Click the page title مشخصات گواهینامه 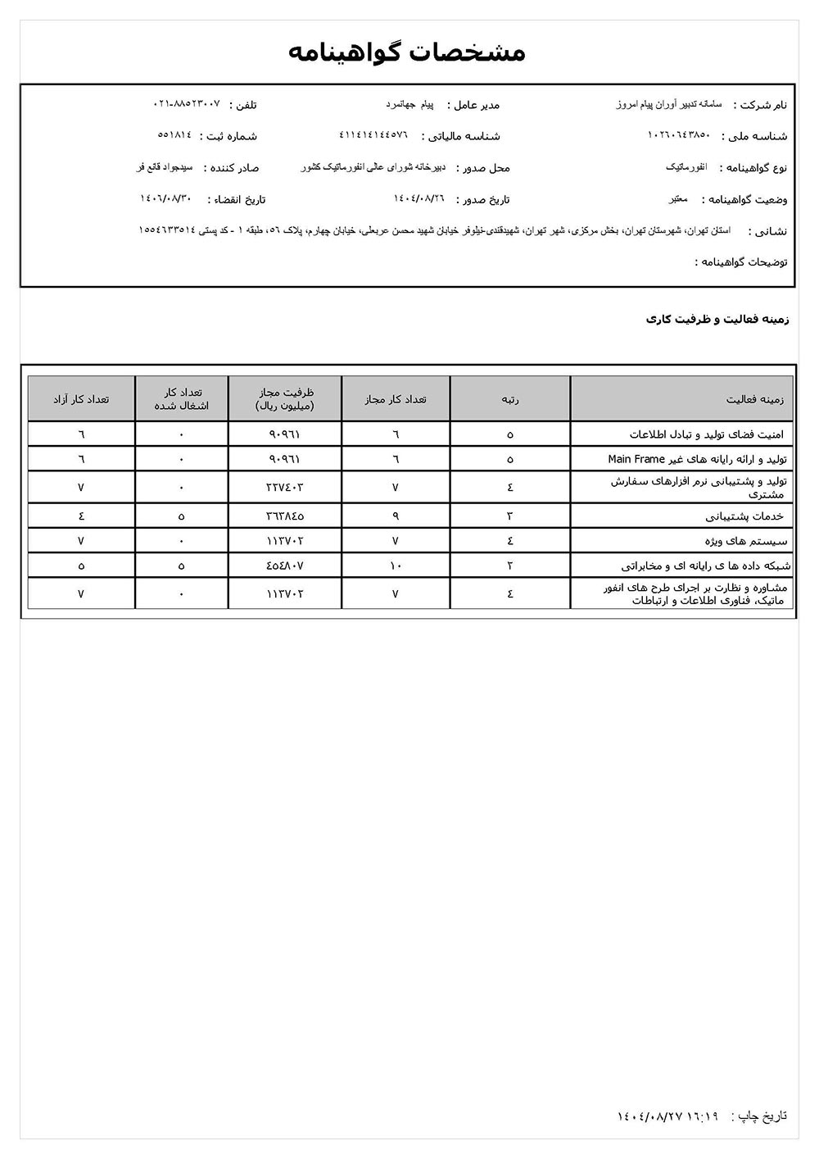[407, 52]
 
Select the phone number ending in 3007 [187, 104]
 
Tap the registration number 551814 [174, 134]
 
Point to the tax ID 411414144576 [373, 134]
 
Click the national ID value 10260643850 [679, 134]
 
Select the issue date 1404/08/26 [419, 198]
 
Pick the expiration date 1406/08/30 [165, 198]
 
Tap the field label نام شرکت [761, 105]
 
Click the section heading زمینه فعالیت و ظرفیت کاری [717, 319]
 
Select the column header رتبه [510, 399]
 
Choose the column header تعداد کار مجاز [396, 399]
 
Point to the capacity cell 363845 [284, 516]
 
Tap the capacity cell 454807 [284, 566]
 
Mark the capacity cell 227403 [284, 487]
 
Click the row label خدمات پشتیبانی [744, 516]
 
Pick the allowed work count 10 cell [396, 566]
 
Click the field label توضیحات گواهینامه [741, 262]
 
